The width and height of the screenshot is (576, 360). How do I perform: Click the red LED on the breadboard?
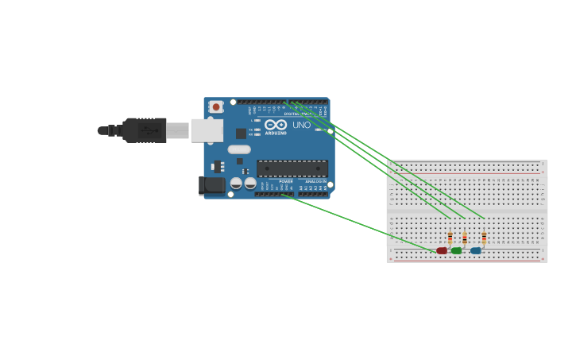[x=442, y=250]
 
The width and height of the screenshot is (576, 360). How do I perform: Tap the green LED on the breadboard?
[x=456, y=250]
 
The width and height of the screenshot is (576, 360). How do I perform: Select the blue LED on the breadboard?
[x=475, y=250]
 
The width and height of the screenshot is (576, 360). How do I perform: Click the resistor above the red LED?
[x=450, y=237]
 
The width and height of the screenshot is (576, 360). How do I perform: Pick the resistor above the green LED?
[x=465, y=237]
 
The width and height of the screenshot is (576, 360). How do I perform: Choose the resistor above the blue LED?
[x=484, y=237]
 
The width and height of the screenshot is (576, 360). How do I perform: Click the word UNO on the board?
[x=302, y=125]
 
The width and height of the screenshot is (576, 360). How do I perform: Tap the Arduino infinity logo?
[x=276, y=125]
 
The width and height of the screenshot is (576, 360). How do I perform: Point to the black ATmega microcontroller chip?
[x=292, y=168]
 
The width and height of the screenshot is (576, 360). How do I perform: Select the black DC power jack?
[x=211, y=185]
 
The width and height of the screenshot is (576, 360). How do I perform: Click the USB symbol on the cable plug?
[x=146, y=130]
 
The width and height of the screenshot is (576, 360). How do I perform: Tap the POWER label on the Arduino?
[x=285, y=182]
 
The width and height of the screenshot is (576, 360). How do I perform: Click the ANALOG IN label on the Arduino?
[x=315, y=182]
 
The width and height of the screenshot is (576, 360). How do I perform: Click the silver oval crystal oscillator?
[x=239, y=149]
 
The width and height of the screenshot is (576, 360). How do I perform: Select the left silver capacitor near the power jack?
[x=236, y=184]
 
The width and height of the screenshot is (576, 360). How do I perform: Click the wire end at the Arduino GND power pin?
[x=282, y=194]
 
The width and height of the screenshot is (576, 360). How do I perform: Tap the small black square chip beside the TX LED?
[x=241, y=134]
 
